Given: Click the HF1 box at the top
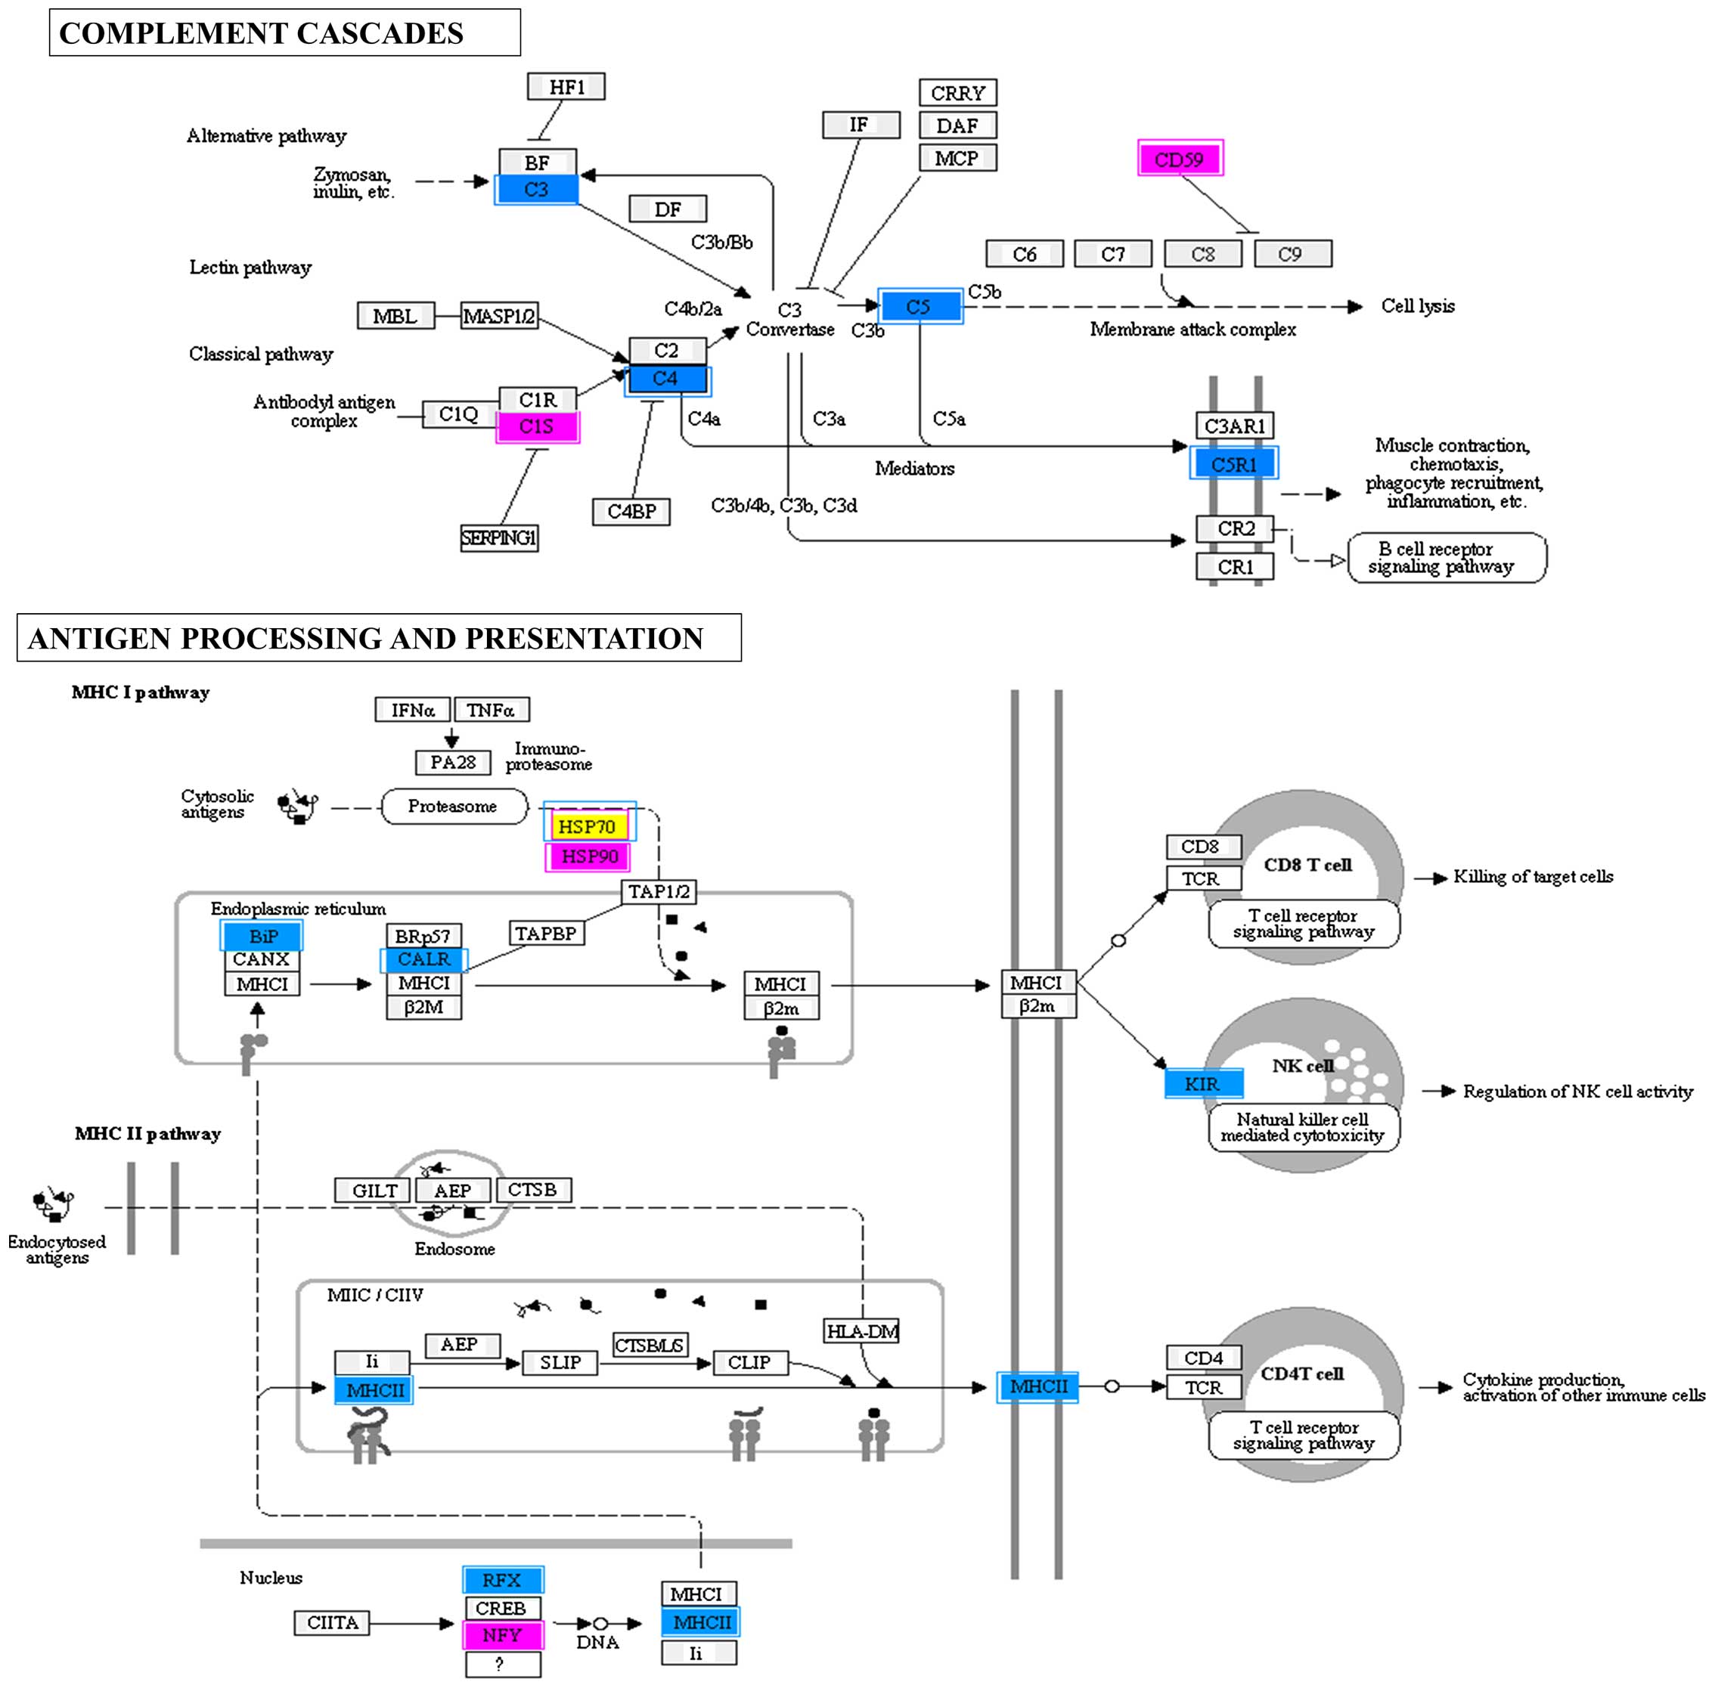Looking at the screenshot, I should (566, 87).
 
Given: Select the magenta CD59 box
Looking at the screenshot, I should (1180, 159).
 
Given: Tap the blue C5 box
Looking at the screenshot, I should (920, 307).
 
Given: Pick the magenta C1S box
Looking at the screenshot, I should (536, 426).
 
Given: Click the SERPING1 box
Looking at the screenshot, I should (498, 537).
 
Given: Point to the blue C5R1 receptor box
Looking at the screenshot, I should (1233, 463).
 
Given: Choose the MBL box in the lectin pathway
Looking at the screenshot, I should (395, 316).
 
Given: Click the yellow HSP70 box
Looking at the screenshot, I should (587, 826).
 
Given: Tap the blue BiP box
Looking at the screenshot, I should (262, 935).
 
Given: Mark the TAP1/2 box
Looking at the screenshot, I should (658, 891).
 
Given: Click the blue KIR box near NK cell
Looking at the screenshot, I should (1202, 1083).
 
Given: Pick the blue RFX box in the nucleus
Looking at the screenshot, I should (502, 1579).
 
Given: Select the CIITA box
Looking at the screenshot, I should (333, 1622).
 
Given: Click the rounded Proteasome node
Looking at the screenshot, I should (453, 806).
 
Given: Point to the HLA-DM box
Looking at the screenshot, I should (861, 1330).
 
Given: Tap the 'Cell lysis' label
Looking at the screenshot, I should (1417, 306).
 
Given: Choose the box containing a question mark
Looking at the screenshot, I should (502, 1664).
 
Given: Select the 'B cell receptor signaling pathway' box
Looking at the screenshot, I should (1445, 558).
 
